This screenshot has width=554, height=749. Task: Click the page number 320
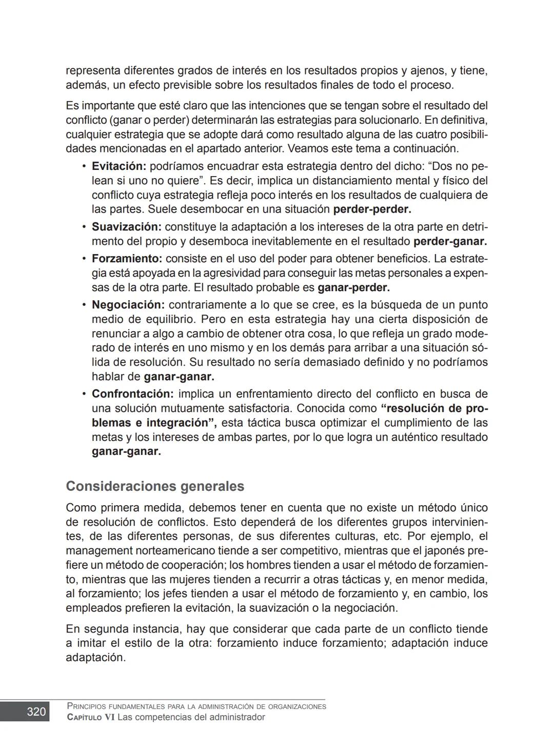[36, 712]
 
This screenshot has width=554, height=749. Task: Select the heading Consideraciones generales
[155, 486]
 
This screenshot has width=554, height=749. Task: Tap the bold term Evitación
[119, 166]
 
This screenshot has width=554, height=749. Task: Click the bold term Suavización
[127, 227]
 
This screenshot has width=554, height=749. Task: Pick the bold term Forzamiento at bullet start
[127, 259]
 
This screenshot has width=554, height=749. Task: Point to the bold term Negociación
[128, 305]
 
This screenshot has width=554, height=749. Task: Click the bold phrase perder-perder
[372, 209]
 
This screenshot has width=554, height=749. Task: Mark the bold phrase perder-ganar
[450, 241]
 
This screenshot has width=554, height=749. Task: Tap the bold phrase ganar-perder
[353, 287]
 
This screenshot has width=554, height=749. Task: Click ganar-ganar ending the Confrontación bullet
[126, 452]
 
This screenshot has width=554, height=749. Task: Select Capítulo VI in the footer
[91, 717]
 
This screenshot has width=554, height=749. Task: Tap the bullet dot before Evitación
[83, 167]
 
